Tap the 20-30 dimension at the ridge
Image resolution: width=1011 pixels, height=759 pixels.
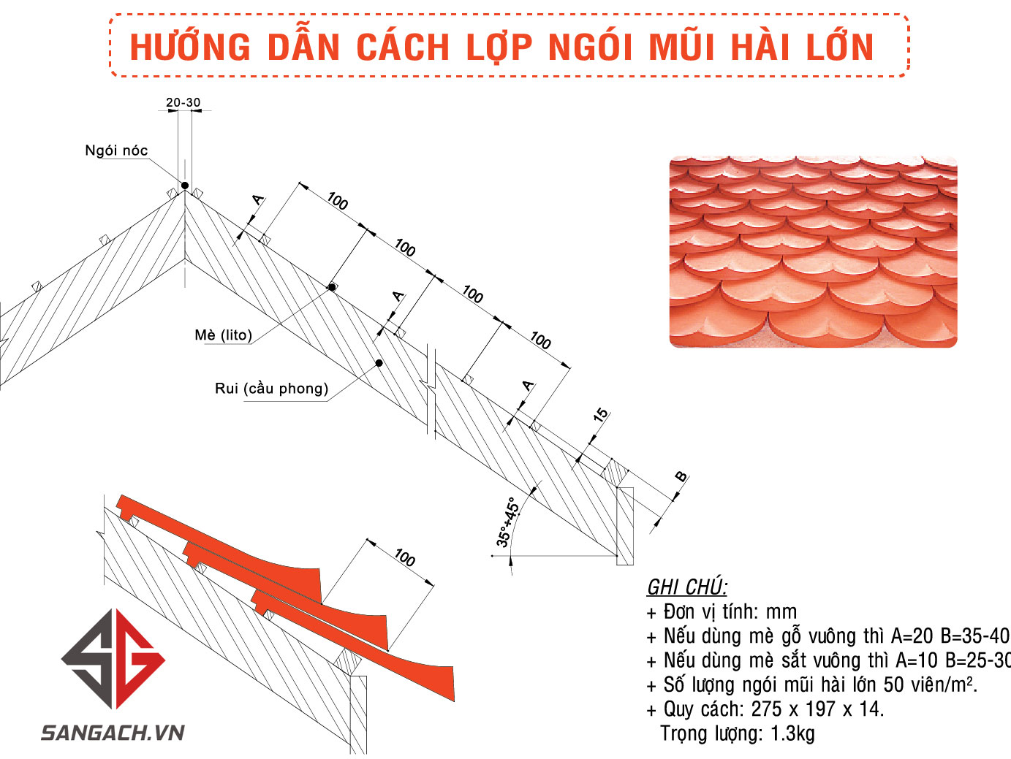click(x=183, y=102)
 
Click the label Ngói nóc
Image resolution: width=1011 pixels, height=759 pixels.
click(x=116, y=150)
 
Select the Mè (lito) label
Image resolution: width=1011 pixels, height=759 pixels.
click(x=223, y=335)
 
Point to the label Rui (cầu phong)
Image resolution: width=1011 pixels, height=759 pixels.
click(x=271, y=388)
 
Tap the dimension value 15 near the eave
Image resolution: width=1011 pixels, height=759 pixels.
click(x=600, y=415)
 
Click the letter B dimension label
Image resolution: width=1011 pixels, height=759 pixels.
click(x=681, y=477)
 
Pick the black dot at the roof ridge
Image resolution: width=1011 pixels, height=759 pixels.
click(x=185, y=186)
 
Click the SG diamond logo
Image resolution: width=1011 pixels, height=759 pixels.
click(x=113, y=659)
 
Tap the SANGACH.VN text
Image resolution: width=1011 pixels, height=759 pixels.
click(x=113, y=733)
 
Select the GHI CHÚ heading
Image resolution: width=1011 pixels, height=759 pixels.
click(x=686, y=587)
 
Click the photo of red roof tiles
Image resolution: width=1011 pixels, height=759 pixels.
click(x=813, y=251)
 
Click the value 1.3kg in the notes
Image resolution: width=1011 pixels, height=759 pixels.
click(x=792, y=733)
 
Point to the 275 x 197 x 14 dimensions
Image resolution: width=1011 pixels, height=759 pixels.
click(x=817, y=709)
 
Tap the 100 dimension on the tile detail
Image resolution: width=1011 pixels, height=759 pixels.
click(x=404, y=558)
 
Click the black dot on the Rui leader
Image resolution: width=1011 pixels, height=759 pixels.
click(x=379, y=363)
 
